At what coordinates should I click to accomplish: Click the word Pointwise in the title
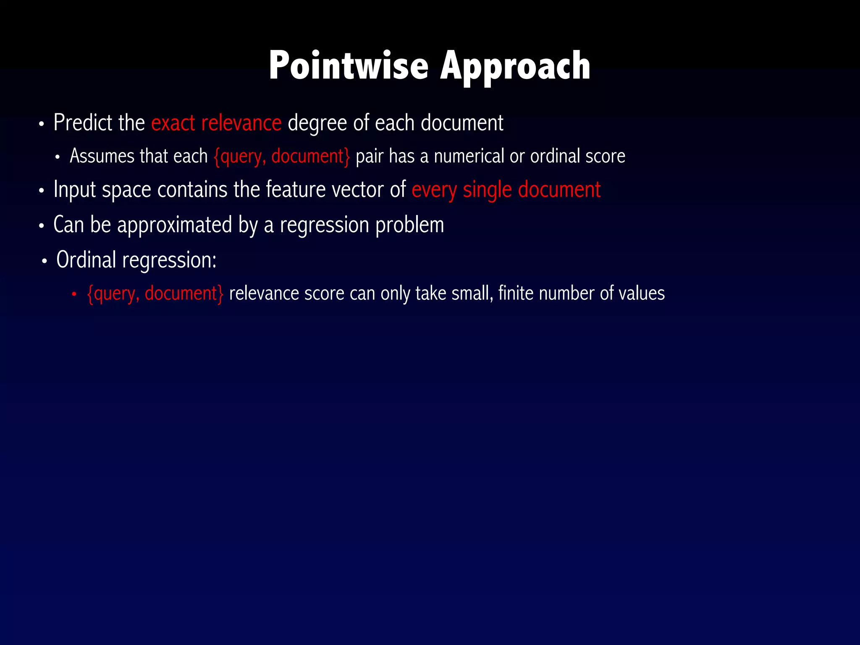[x=348, y=66]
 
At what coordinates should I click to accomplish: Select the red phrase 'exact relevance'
[x=216, y=123]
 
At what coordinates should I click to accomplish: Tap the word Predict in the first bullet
[x=83, y=123]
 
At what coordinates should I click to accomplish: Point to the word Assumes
[x=102, y=156]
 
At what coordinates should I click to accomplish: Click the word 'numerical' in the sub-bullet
[x=469, y=156]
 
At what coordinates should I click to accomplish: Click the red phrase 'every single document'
[x=506, y=190]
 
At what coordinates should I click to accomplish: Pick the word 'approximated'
[x=174, y=225]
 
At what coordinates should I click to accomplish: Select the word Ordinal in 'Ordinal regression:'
[x=86, y=260]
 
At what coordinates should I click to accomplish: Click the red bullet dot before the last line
[x=74, y=294]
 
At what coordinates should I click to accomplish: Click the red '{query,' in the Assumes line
[x=239, y=157]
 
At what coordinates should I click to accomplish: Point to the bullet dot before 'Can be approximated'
[x=41, y=226]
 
